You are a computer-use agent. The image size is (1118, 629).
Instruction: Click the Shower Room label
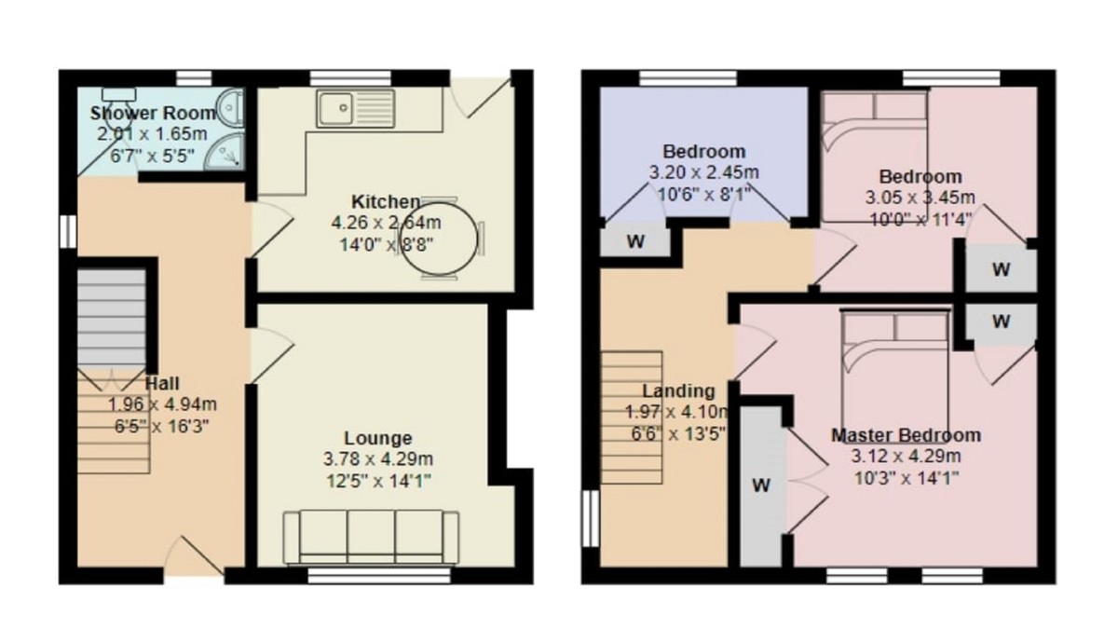[x=153, y=113]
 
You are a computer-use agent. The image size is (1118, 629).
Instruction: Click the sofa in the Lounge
[x=371, y=538]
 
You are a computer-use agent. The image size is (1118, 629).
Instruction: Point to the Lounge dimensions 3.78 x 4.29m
[x=377, y=459]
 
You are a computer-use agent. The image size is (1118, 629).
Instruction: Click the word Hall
[x=163, y=383]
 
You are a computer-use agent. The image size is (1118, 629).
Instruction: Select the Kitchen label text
[x=385, y=201]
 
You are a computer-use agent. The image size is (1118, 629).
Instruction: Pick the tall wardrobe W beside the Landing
[x=762, y=485]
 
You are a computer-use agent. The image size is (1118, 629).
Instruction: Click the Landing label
[x=678, y=390]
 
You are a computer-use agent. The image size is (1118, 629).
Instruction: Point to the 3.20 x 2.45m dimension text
[x=703, y=172]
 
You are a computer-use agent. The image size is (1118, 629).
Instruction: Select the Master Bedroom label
[x=905, y=435]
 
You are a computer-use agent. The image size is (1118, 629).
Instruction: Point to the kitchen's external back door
[x=486, y=96]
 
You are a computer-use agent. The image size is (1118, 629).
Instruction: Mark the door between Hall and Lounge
[x=272, y=352]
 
